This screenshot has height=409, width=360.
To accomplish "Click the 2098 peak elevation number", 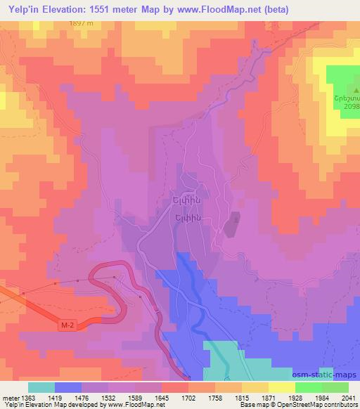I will click(349, 106).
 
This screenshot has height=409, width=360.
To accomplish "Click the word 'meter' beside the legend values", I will click(10, 397).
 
